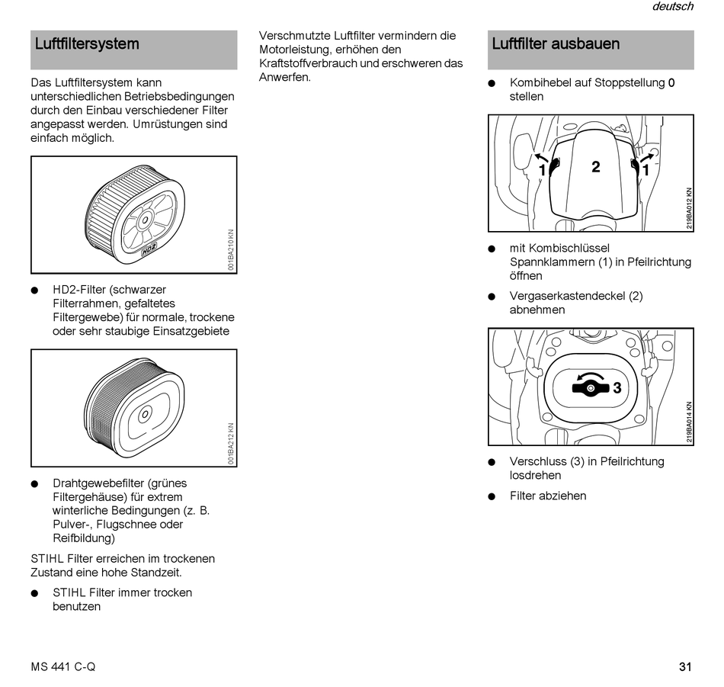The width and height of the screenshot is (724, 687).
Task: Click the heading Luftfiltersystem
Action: point(87,44)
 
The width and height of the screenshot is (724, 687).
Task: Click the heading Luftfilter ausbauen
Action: point(556,44)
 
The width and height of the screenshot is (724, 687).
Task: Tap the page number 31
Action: point(685,666)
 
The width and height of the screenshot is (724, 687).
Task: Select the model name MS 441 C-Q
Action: point(63,666)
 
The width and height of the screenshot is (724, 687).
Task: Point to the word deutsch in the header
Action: point(673,6)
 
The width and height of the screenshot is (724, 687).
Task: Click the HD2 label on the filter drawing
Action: point(149,249)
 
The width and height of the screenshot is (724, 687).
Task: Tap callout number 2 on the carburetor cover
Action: point(596,167)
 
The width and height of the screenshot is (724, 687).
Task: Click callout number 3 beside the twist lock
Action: point(617,387)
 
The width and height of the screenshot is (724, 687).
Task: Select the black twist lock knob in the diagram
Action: point(591,388)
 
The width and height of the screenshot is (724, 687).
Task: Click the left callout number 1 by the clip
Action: point(543,171)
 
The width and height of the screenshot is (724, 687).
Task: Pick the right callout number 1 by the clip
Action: point(646,171)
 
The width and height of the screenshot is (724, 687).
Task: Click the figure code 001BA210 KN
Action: point(231,249)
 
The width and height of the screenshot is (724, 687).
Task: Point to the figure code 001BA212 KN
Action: point(231,443)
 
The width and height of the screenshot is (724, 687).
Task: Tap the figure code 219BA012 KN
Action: point(689,208)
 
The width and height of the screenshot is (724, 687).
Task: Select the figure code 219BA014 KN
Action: point(689,422)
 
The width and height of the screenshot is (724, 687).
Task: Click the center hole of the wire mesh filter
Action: point(145,414)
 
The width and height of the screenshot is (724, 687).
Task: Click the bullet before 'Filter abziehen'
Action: point(492,496)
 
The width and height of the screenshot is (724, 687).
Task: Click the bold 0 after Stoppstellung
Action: point(671,83)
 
